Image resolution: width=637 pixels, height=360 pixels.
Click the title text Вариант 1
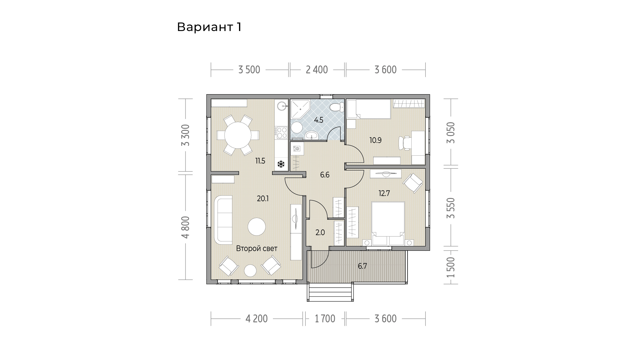click(x=209, y=27)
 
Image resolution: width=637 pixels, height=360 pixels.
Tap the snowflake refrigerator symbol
click(x=281, y=164)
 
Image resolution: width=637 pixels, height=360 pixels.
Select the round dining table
click(x=238, y=135)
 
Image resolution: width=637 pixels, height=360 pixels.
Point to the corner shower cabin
click(x=300, y=109)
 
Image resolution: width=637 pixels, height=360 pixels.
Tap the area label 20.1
click(x=263, y=199)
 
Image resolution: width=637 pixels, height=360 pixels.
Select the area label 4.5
click(x=319, y=120)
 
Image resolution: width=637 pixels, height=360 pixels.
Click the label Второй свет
click(x=257, y=248)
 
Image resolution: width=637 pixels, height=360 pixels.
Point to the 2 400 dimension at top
click(x=317, y=70)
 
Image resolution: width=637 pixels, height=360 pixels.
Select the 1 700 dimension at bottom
click(x=325, y=319)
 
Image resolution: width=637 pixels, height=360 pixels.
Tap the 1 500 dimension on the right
click(x=451, y=267)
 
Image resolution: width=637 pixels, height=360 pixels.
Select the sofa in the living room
click(x=223, y=219)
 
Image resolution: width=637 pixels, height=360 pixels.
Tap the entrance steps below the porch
click(x=330, y=292)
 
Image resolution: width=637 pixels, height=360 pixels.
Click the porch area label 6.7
click(x=362, y=266)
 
